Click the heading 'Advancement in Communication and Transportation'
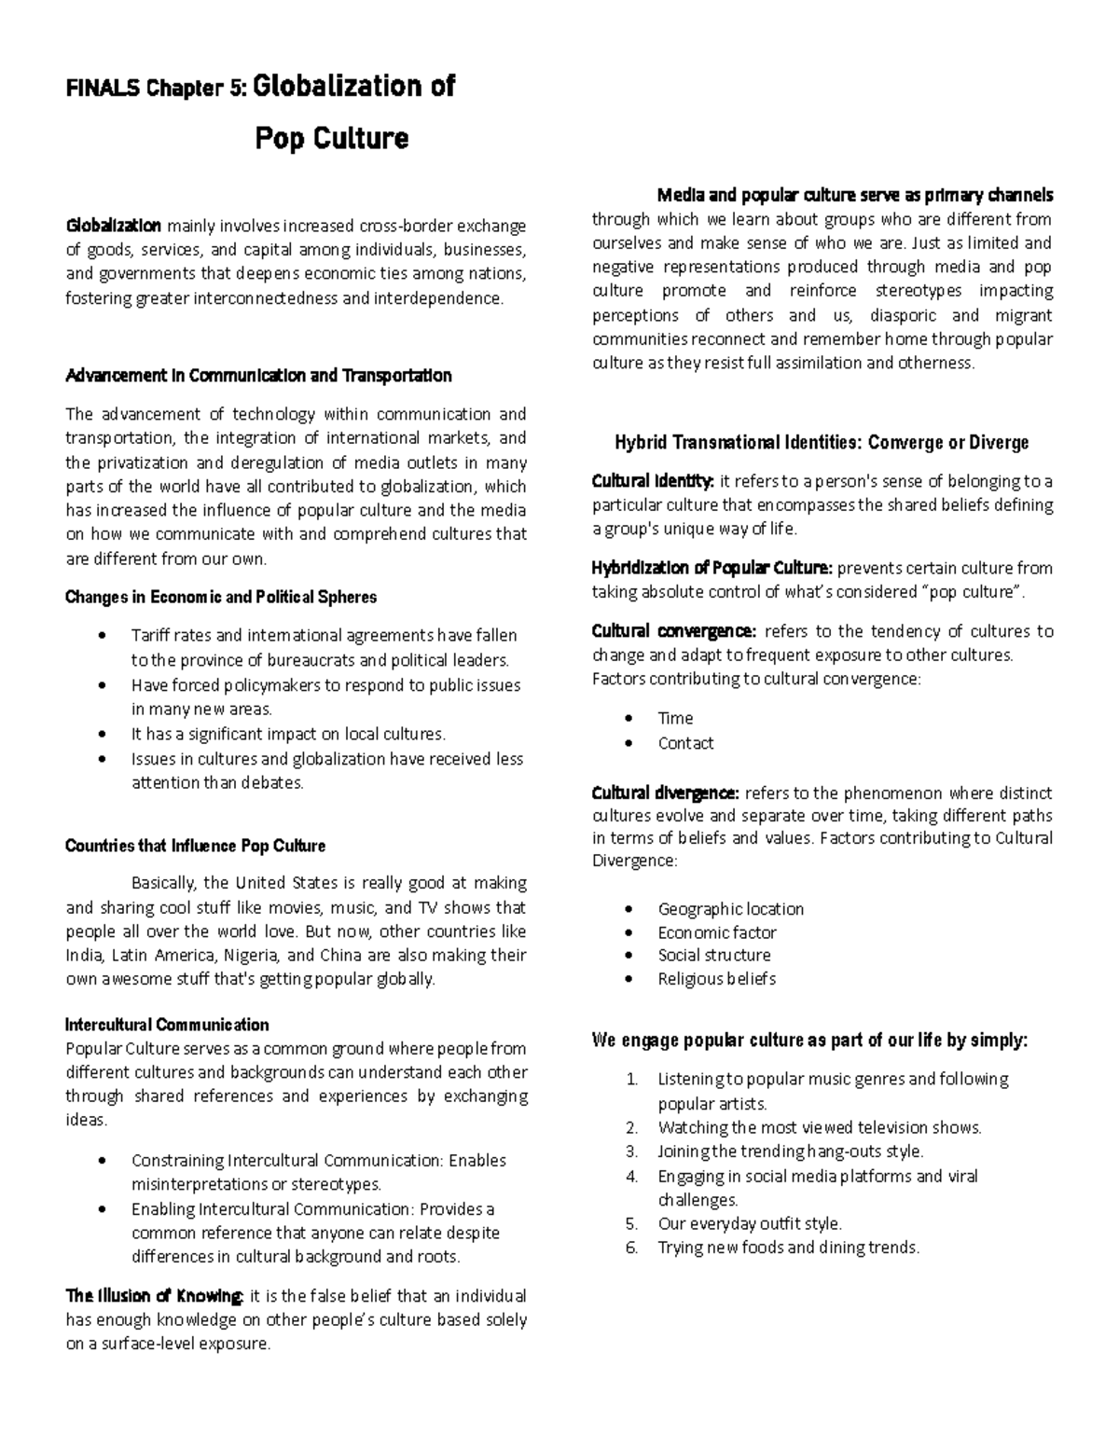tap(258, 376)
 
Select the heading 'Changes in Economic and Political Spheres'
tap(221, 597)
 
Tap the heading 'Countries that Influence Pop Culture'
tap(195, 846)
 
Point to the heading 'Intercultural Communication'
tap(167, 1025)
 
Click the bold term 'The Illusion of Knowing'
tap(155, 1296)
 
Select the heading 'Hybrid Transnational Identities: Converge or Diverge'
tap(822, 442)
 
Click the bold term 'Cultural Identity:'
tap(653, 481)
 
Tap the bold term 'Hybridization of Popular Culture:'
tap(712, 568)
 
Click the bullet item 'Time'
tap(675, 718)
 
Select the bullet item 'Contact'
tap(685, 743)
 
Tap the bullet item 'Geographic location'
tap(730, 908)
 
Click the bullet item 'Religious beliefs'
tap(716, 978)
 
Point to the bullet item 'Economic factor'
tap(716, 932)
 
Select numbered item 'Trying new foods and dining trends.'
tap(788, 1248)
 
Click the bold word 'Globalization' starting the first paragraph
tap(113, 226)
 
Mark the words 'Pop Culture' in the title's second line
tap(332, 139)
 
